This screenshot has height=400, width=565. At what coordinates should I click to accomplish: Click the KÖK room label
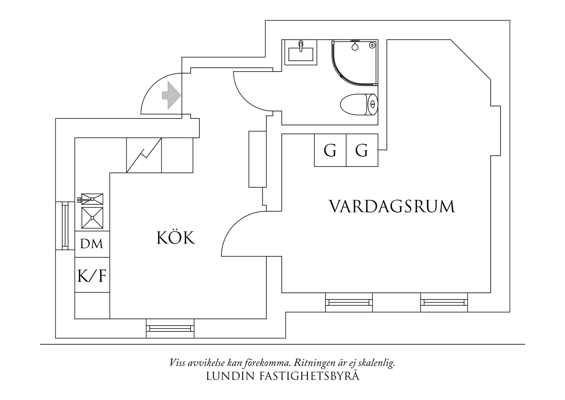[x=176, y=238]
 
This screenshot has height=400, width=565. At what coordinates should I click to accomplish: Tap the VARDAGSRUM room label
[x=391, y=206]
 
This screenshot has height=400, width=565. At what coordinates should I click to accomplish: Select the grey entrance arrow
[x=171, y=95]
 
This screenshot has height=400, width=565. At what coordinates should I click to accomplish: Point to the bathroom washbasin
[x=301, y=54]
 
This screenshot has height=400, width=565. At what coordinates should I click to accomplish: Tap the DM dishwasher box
[x=92, y=244]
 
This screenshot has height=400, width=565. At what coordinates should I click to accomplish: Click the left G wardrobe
[x=330, y=150]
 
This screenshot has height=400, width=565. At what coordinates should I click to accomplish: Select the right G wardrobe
[x=362, y=150]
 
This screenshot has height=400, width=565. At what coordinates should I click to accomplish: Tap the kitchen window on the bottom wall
[x=170, y=328]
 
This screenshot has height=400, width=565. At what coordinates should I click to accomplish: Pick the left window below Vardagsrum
[x=349, y=302]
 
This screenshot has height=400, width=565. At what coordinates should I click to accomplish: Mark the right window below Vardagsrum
[x=444, y=302]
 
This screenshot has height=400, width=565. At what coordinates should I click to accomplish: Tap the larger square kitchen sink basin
[x=92, y=218]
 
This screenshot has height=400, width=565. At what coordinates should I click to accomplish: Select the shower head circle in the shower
[x=355, y=47]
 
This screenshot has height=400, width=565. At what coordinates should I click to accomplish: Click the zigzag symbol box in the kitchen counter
[x=144, y=155]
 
